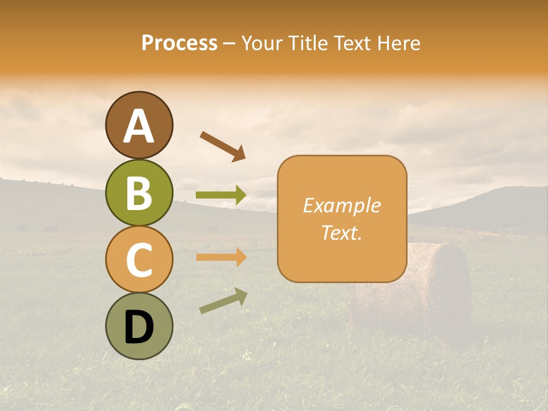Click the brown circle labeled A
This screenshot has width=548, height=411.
[139, 125]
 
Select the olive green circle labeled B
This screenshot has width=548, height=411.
[139, 192]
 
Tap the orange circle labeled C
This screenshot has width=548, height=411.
[139, 259]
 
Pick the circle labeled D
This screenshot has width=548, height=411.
[139, 326]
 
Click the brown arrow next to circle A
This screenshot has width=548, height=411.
[223, 146]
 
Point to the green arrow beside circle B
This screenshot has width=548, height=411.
[221, 195]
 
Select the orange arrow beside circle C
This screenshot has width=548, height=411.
[221, 257]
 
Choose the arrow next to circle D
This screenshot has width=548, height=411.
[223, 301]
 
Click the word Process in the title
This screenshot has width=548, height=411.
[179, 43]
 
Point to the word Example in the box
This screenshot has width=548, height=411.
[341, 205]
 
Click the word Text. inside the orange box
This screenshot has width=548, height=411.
[341, 232]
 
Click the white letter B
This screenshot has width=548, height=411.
[139, 192]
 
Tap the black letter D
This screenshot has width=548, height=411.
[139, 327]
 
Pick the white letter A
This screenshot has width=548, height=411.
[139, 126]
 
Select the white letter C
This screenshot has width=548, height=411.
[139, 260]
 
